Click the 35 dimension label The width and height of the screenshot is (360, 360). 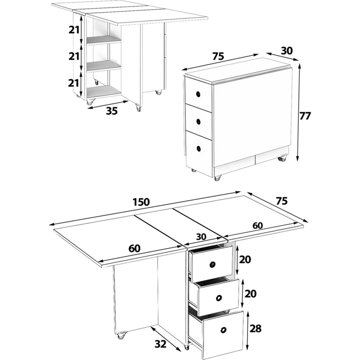112,111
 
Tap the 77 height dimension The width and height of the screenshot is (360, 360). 305,116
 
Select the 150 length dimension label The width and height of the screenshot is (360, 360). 141,202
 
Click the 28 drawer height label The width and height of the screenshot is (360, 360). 255,328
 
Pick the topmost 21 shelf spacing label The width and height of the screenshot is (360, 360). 74,30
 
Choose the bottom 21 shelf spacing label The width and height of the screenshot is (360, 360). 74,83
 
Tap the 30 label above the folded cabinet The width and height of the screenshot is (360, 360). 287,51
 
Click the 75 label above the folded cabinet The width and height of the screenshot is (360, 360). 218,56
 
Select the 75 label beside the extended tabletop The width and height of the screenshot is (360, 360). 282,201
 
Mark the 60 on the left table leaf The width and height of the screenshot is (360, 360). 134,248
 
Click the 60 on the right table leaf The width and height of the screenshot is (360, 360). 258,226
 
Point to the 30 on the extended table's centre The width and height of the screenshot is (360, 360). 201,237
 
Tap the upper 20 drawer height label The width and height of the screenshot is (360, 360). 245,260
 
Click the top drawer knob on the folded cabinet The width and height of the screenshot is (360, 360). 198,94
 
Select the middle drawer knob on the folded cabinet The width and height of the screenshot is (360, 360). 199,121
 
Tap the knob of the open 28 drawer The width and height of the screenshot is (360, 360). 223,330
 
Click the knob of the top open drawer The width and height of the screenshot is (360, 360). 213,264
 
